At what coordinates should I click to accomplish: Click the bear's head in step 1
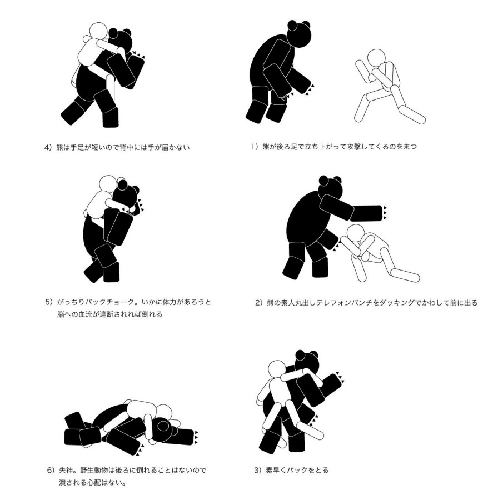pyautogui.click(x=299, y=34)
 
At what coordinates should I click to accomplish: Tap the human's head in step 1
pyautogui.click(x=376, y=58)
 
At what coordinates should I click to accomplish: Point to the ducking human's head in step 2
pyautogui.click(x=355, y=233)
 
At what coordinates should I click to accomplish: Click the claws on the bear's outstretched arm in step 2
pyautogui.click(x=385, y=213)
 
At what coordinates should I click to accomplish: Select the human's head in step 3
pyautogui.click(x=277, y=370)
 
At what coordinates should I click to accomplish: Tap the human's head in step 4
pyautogui.click(x=98, y=31)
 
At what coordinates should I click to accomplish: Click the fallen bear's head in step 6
pyautogui.click(x=165, y=429)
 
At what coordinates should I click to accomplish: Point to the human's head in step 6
pyautogui.click(x=164, y=413)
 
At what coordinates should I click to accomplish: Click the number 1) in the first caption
pyautogui.click(x=254, y=147)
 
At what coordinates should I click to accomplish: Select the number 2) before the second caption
pyautogui.click(x=258, y=303)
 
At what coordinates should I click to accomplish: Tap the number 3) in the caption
pyautogui.click(x=258, y=470)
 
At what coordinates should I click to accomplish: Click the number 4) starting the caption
pyautogui.click(x=48, y=147)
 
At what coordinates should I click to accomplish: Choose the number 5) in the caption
pyautogui.click(x=49, y=302)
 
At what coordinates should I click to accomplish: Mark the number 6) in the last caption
pyautogui.click(x=51, y=470)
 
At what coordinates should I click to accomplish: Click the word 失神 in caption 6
pyautogui.click(x=66, y=470)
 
